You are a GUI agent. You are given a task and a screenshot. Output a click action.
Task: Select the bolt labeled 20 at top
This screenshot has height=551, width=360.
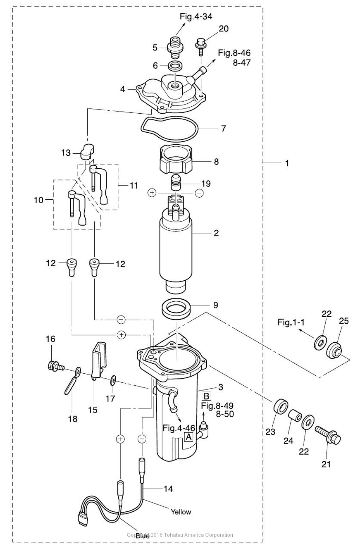tap(200, 47)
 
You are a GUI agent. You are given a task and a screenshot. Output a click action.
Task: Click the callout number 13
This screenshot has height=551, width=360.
tap(66, 152)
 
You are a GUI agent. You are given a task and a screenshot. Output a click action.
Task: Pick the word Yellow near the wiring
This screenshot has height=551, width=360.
tap(181, 512)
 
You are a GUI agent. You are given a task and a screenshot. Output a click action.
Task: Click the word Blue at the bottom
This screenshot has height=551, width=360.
tap(142, 536)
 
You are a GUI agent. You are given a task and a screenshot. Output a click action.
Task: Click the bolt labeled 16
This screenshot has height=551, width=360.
tap(55, 366)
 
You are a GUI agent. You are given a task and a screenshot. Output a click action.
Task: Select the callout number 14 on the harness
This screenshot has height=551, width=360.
tap(168, 489)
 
